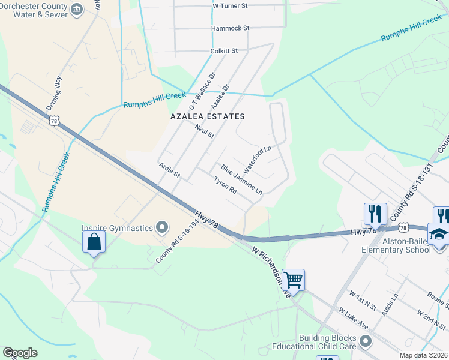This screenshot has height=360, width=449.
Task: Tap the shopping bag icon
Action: pos(94,242)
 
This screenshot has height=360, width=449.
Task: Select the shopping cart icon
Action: pos(293,280)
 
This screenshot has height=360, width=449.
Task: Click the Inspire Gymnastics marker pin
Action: pos(161,227)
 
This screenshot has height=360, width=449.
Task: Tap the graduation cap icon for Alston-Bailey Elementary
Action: pos(439,234)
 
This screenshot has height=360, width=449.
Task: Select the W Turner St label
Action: pos(231,6)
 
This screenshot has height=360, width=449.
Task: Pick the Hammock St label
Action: pos(230,28)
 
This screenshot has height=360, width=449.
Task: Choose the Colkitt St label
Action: pos(224,51)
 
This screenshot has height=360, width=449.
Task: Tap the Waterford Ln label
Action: pos(258,157)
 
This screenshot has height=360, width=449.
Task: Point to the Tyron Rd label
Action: pos(225,185)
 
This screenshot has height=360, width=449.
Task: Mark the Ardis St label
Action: pos(169,170)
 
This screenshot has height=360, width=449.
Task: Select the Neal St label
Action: pos(205,131)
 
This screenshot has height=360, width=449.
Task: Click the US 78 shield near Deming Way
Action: pos(55,121)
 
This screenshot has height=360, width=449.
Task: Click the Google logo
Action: pos(20,352)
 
